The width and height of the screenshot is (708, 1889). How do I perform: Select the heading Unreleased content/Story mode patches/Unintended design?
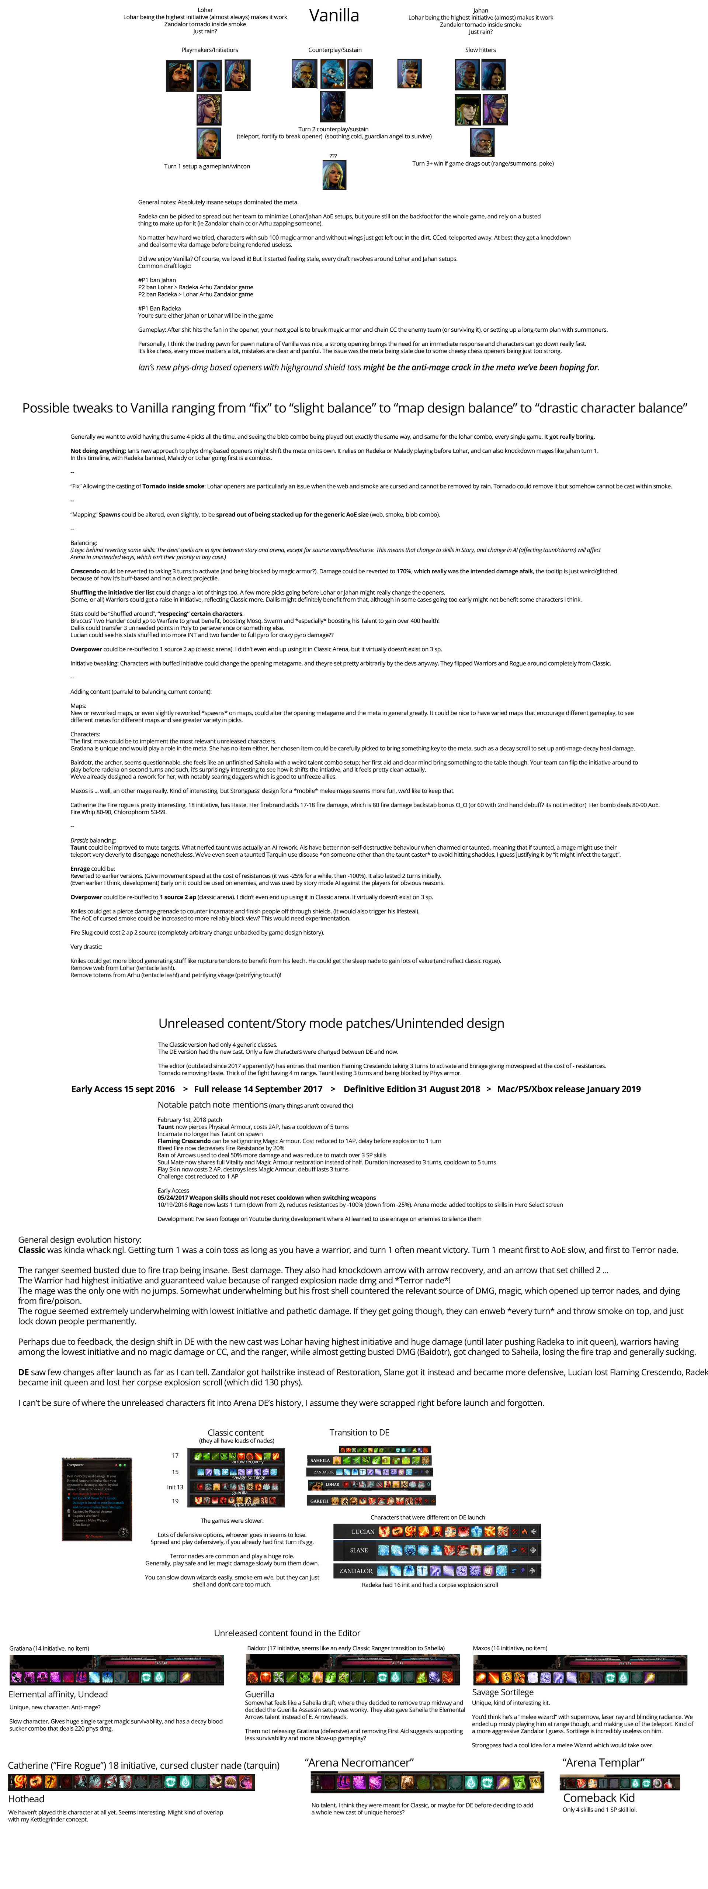click(331, 1023)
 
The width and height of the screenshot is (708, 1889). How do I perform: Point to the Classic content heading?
click(235, 1432)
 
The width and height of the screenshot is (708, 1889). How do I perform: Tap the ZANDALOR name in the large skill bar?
click(356, 1571)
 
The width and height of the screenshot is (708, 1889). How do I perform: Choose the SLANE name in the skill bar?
click(359, 1550)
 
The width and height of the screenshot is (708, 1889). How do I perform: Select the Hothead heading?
click(27, 1799)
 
